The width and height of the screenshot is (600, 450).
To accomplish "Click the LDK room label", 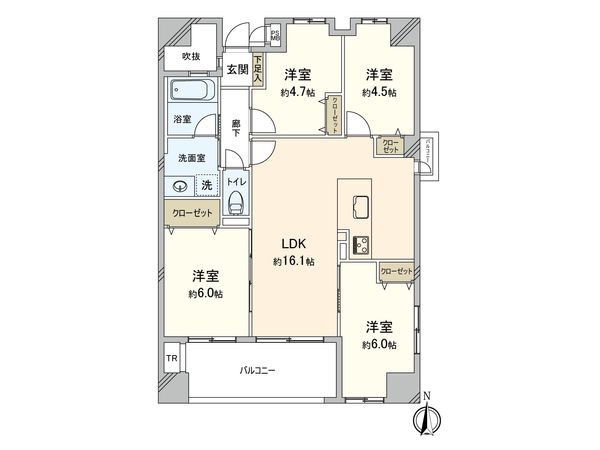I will [x=294, y=242].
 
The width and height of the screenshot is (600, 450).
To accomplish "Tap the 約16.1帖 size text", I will [x=294, y=261].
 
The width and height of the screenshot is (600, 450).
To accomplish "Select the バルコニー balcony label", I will [x=257, y=370].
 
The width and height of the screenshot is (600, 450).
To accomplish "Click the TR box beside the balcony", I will [x=171, y=358].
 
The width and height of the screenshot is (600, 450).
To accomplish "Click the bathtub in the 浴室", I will [x=193, y=94].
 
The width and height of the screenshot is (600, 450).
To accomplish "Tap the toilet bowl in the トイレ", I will [x=235, y=204].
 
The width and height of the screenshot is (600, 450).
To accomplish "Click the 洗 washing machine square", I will [x=206, y=185].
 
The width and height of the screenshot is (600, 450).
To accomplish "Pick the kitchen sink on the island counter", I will [x=360, y=207].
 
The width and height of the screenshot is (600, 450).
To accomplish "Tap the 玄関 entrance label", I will [x=237, y=69].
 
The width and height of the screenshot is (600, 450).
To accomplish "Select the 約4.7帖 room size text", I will [x=297, y=92].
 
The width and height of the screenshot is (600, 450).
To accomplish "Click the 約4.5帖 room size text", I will [x=378, y=92].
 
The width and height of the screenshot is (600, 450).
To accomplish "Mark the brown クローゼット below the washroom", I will [x=191, y=214].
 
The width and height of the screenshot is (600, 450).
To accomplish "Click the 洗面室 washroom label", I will [x=191, y=157].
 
